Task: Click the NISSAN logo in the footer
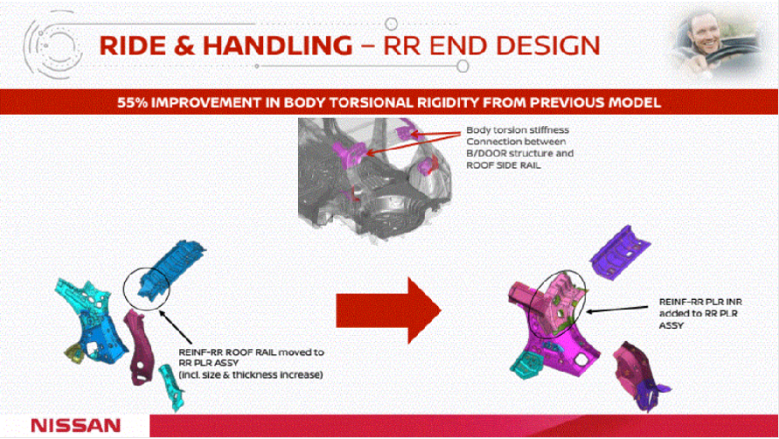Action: point(75,425)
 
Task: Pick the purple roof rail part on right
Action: point(623,251)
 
